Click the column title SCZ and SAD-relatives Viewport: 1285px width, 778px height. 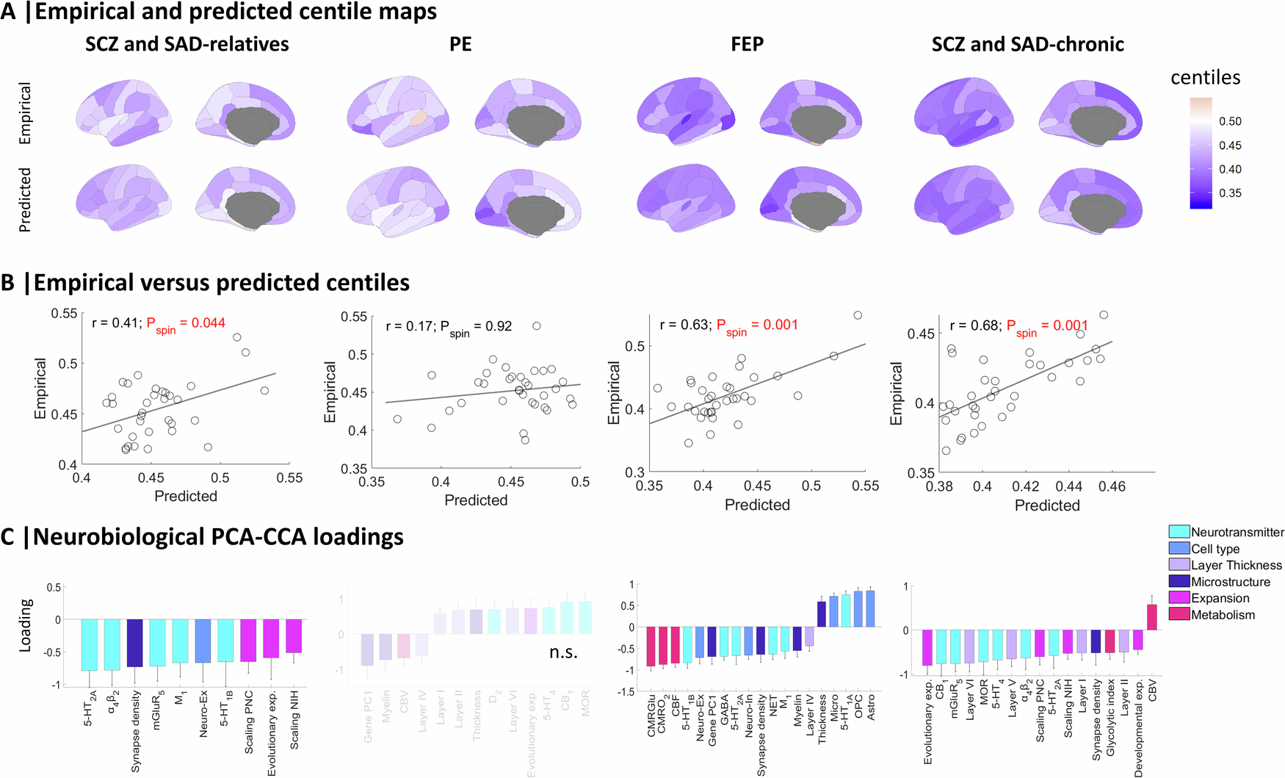pos(187,44)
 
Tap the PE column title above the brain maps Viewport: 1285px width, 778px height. pos(460,44)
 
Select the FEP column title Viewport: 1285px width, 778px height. pos(747,44)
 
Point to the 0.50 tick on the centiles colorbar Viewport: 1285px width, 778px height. pos(1230,121)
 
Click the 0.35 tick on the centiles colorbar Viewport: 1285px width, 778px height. pos(1230,193)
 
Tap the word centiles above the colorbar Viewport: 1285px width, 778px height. pos(1205,78)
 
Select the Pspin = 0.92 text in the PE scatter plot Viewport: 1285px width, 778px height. pos(476,327)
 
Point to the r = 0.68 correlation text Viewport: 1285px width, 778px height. pos(974,325)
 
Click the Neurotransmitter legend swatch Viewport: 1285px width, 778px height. pos(1179,532)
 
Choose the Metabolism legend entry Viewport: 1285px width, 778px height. pos(1222,615)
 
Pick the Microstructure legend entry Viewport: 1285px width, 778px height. pos(1230,582)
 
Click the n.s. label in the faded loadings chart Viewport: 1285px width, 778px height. pos(563,652)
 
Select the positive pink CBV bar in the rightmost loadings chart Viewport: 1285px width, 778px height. pos(1152,616)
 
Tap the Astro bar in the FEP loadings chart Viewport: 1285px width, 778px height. pos(871,608)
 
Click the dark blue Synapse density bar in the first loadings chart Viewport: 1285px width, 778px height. pos(135,642)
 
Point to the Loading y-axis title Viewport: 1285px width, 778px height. pos(26,624)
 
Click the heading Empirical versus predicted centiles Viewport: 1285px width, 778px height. pos(221,283)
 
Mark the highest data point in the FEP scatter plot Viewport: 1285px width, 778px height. pos(858,315)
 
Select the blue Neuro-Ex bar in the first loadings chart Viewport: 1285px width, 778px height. pos(203,641)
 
